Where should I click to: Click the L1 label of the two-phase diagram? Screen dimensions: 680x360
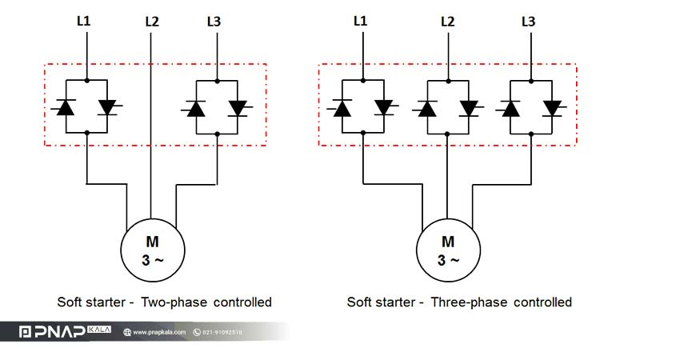click(x=84, y=20)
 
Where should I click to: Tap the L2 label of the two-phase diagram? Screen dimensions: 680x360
click(x=152, y=22)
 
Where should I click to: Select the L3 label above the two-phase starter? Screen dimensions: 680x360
click(x=214, y=22)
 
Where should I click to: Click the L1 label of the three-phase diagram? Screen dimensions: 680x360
click(x=360, y=20)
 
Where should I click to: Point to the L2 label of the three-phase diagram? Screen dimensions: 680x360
click(x=447, y=22)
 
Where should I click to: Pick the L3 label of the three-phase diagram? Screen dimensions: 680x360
click(x=529, y=22)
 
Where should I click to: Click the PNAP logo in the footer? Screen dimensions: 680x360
click(x=65, y=332)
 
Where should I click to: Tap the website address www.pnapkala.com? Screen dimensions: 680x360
click(x=159, y=332)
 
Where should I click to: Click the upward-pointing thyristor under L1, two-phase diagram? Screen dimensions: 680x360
click(x=66, y=106)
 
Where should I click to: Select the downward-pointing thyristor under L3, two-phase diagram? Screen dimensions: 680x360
click(x=238, y=107)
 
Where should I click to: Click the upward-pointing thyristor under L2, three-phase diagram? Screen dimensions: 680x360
click(x=427, y=108)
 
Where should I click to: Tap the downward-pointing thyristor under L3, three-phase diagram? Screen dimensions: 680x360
click(x=552, y=108)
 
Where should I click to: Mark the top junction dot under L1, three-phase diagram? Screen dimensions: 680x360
click(x=363, y=80)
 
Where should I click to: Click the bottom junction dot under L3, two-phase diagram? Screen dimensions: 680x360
click(x=218, y=134)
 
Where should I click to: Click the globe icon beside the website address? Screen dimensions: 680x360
click(x=127, y=332)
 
